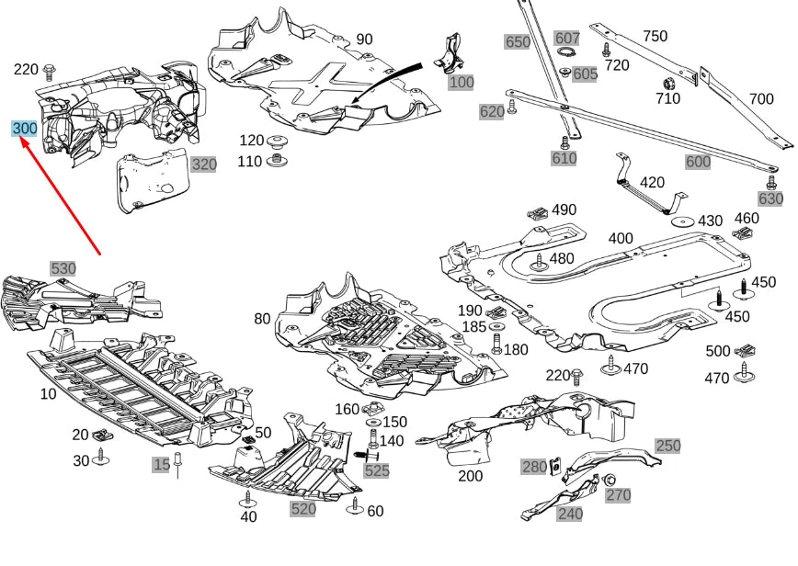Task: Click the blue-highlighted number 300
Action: click(x=24, y=129)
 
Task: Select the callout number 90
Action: click(x=364, y=40)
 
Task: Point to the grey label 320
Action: click(x=203, y=164)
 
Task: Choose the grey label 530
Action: click(x=63, y=268)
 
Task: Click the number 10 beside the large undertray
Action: click(x=48, y=393)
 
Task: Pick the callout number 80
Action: click(x=263, y=320)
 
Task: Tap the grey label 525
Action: click(x=376, y=470)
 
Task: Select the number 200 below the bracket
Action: click(x=470, y=476)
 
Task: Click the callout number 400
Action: click(x=620, y=239)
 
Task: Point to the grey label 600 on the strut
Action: click(x=698, y=161)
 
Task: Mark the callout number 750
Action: click(x=655, y=36)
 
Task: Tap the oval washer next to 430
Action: click(x=681, y=221)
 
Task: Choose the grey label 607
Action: click(x=567, y=39)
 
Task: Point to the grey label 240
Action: click(x=570, y=514)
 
